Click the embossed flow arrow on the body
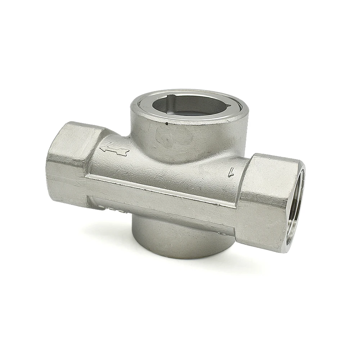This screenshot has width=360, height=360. (x=114, y=149)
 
